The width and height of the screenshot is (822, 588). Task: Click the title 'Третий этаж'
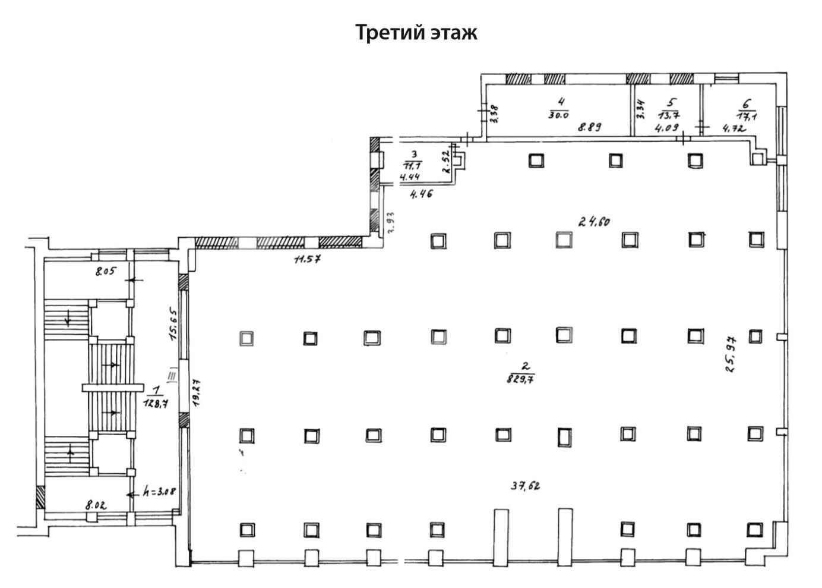pos(416,32)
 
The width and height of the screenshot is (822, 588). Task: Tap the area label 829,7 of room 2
pos(520,378)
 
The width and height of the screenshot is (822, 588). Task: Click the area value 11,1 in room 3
pos(412,166)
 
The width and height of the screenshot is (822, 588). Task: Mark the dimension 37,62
pos(526,486)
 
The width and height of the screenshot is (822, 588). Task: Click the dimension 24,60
pos(595,222)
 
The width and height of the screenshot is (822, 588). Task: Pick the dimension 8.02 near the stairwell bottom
pos(96,505)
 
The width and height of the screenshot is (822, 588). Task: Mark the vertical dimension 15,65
pos(174,324)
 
